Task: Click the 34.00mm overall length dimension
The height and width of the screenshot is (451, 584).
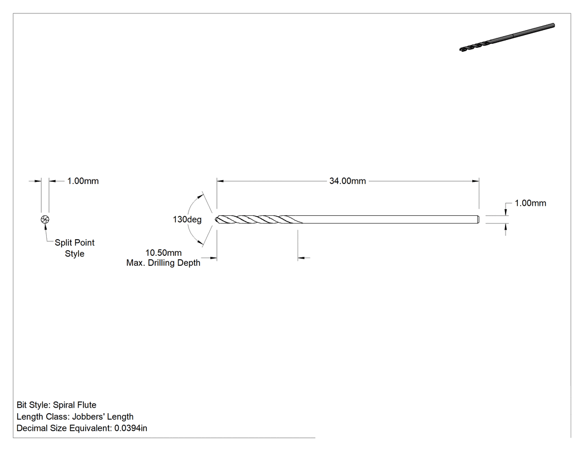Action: (348, 181)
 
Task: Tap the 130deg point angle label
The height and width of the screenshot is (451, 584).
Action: (187, 219)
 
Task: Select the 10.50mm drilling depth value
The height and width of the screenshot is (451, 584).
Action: (164, 253)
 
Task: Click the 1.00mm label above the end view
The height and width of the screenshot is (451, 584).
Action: (83, 181)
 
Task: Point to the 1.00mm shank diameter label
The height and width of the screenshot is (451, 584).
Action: (531, 203)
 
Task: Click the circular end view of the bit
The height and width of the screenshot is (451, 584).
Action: (45, 219)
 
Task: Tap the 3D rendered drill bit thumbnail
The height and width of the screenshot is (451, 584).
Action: (507, 37)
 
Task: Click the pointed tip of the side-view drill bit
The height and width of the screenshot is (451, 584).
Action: (216, 219)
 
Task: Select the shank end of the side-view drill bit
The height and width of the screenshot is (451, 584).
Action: (478, 219)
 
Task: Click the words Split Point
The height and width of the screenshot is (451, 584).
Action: (75, 242)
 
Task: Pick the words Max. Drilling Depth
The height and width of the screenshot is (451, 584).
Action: (163, 263)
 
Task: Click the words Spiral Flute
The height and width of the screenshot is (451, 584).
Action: (75, 405)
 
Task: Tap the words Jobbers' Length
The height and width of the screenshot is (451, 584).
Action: (103, 417)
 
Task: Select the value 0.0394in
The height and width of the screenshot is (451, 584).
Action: (131, 428)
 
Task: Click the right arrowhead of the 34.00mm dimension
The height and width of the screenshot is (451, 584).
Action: (476, 181)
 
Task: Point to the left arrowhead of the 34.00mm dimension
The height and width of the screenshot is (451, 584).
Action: (220, 181)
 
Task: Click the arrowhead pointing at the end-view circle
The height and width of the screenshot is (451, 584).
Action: (46, 227)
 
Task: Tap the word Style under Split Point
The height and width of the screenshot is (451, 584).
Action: (75, 254)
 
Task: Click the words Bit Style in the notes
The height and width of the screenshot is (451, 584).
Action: (32, 405)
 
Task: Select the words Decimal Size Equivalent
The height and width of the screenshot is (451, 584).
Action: (63, 428)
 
